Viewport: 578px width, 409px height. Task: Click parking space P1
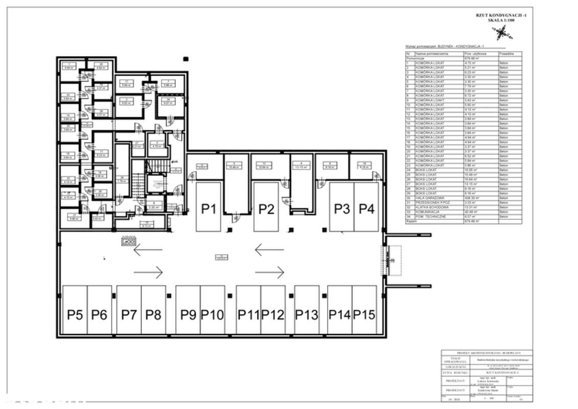click(208, 209)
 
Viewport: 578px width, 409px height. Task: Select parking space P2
click(266, 209)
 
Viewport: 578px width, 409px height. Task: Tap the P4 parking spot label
click(366, 209)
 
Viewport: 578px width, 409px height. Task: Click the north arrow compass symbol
click(500, 33)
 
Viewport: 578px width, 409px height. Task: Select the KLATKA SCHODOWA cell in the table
click(431, 208)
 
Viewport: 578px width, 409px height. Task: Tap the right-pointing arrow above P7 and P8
click(148, 271)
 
